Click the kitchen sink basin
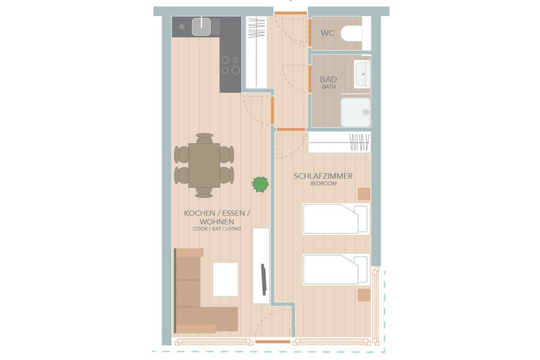202,27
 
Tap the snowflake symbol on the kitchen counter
182,27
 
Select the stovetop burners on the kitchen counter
230,65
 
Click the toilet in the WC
351,34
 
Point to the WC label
327,33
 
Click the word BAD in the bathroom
329,79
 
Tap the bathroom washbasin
362,74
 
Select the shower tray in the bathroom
356,112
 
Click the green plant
260,184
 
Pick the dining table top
204,166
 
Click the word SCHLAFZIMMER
323,176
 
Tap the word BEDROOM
323,184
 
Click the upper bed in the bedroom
336,219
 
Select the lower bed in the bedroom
336,270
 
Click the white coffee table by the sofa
226,279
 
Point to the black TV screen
263,280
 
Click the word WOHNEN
217,221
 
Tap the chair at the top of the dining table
205,138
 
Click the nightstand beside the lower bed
364,295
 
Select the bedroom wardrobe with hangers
340,142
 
